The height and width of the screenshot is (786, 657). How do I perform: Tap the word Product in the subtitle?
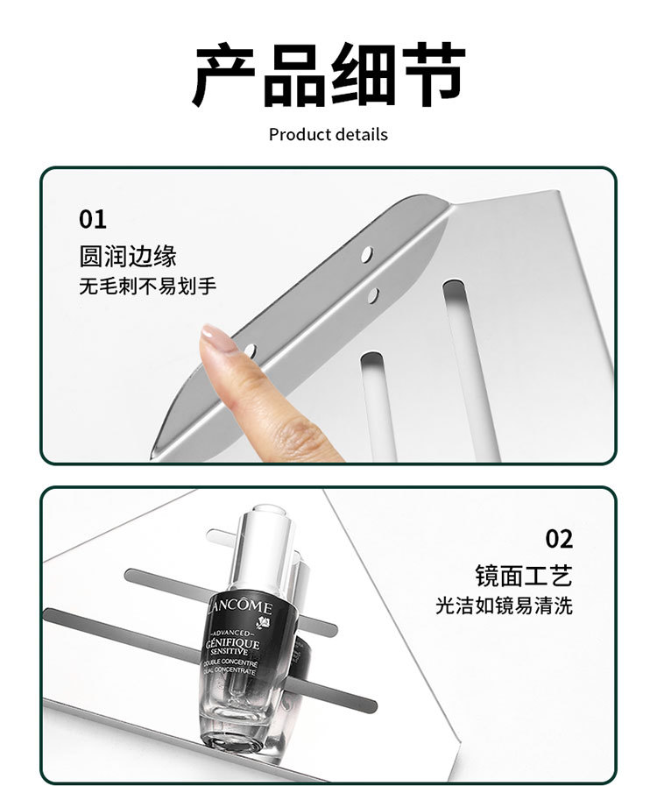pos(297,135)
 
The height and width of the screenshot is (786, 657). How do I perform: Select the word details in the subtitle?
pos(358,135)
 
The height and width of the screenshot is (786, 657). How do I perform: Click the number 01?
pos(92,218)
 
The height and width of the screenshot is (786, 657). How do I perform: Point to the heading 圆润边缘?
pos(128,256)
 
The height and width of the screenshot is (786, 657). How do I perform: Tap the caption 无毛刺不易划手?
pos(147,287)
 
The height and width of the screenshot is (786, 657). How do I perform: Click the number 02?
pos(559,537)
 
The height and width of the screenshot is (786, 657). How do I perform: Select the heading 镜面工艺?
pos(524,576)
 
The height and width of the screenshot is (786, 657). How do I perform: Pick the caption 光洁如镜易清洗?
pos(505,605)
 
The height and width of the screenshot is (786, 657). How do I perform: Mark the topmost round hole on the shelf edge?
pos(367,254)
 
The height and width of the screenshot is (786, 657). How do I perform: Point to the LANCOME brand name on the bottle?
pos(243,608)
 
